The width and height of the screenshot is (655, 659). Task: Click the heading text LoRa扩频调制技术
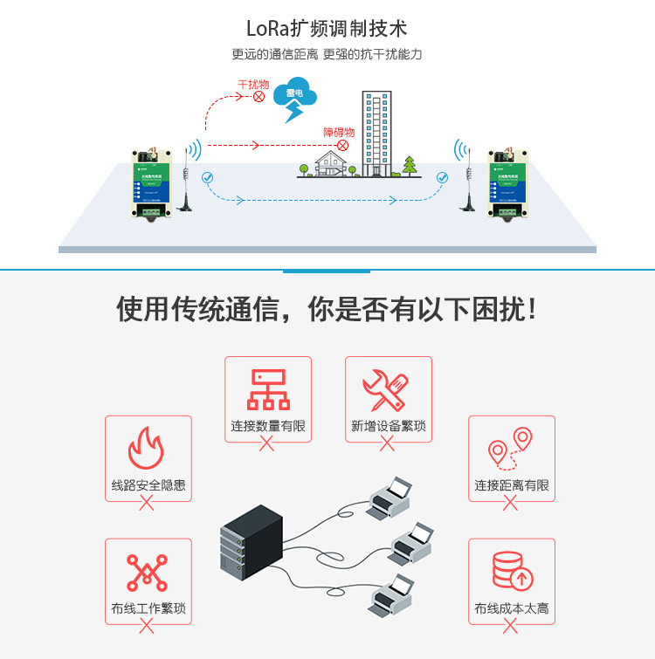(x=327, y=30)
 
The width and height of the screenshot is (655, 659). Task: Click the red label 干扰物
(x=253, y=85)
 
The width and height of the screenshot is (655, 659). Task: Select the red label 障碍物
(x=339, y=132)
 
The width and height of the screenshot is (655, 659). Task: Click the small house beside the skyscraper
(x=328, y=163)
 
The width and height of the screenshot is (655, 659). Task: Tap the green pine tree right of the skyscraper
(x=410, y=165)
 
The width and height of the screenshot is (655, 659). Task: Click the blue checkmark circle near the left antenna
(x=207, y=177)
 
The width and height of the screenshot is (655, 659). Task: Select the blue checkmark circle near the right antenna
(x=442, y=177)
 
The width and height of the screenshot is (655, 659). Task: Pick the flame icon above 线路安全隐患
(x=147, y=448)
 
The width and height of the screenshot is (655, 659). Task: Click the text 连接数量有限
(x=267, y=427)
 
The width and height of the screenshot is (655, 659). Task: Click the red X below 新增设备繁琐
(x=387, y=444)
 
